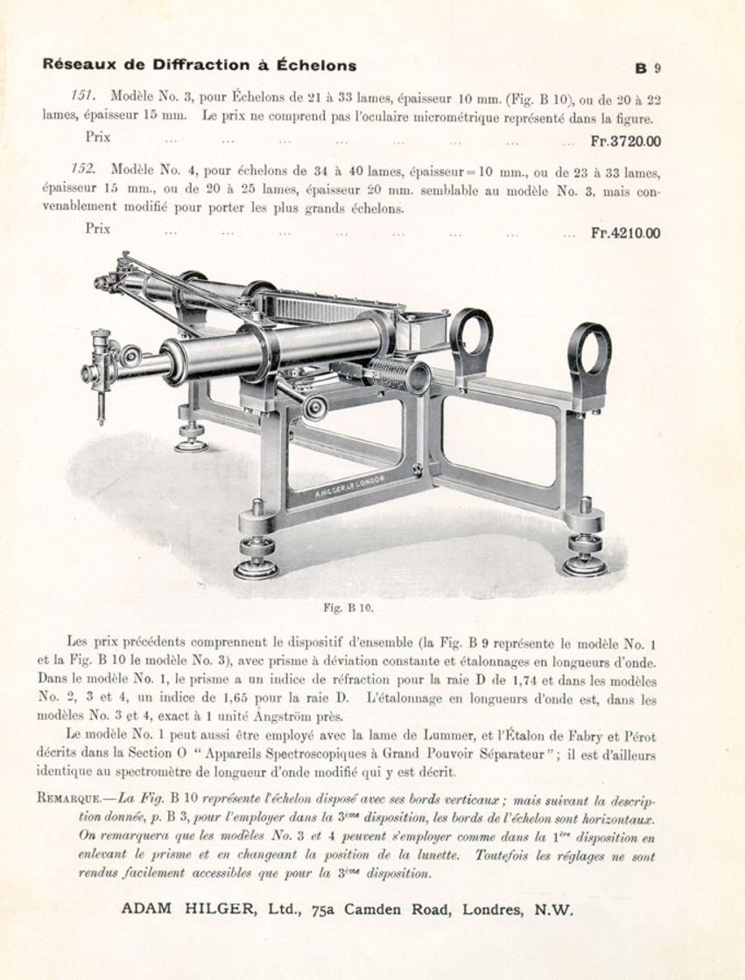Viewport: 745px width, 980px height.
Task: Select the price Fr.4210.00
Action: click(x=625, y=233)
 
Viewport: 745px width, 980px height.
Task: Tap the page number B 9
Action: click(x=648, y=67)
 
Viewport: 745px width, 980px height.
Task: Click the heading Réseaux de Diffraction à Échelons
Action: click(x=200, y=65)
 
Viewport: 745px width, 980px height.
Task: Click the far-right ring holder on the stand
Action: click(x=589, y=350)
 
